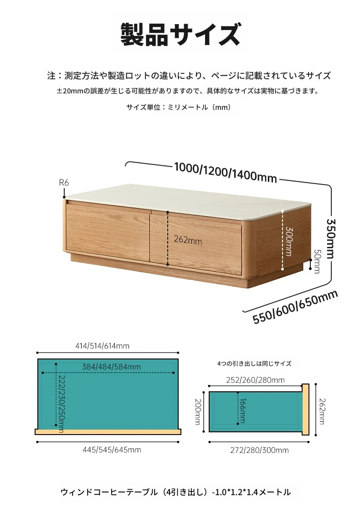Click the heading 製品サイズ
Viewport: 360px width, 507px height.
(180, 34)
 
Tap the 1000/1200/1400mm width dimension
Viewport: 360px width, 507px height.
(226, 172)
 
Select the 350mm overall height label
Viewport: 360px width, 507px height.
(330, 239)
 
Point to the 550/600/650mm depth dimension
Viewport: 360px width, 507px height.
(295, 306)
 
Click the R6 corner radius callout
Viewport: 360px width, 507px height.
(64, 183)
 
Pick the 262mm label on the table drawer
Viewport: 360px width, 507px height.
(188, 240)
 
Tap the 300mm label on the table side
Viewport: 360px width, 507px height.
(288, 241)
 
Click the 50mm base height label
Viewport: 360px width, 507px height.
(317, 261)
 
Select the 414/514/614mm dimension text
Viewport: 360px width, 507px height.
(102, 346)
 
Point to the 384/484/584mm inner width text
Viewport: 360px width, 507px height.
(111, 367)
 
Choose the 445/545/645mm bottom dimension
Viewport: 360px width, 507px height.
(112, 450)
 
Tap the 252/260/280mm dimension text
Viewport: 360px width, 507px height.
(255, 380)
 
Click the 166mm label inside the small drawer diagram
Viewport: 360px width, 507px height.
(242, 410)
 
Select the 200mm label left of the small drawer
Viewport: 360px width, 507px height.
(198, 411)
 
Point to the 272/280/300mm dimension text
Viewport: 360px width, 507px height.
(259, 450)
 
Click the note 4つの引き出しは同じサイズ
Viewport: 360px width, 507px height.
(254, 364)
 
